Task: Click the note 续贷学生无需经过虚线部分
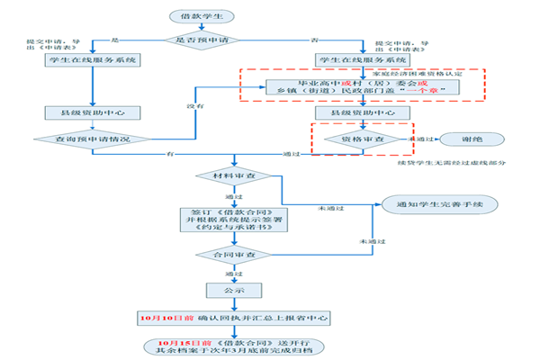[x=441, y=163]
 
